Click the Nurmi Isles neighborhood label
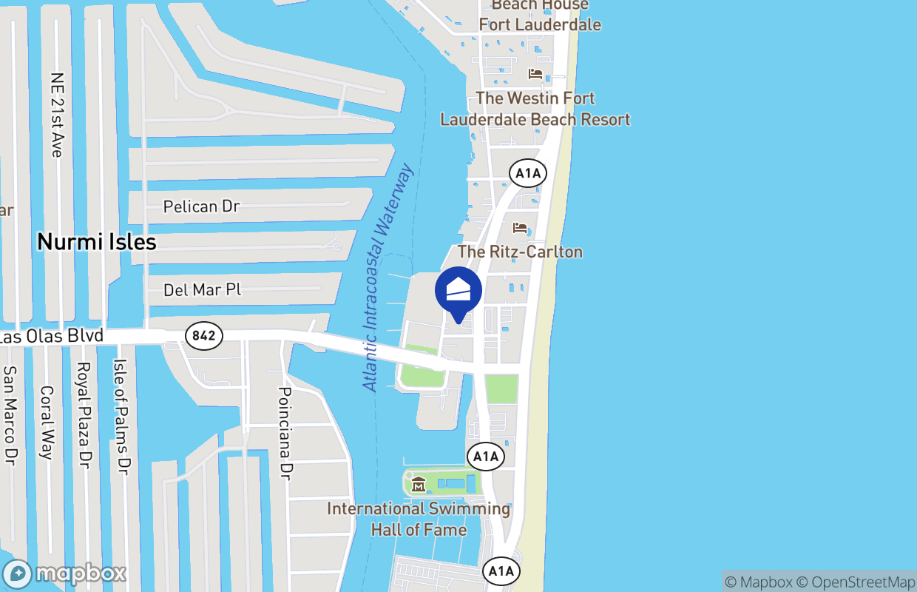97,242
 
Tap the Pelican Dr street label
201,206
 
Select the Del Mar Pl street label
202,290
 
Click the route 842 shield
203,336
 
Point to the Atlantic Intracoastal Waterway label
388,277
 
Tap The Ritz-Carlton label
520,252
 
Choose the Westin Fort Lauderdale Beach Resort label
535,109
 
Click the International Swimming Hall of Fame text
419,519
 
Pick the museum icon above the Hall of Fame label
419,485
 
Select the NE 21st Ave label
56,114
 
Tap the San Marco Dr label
10,416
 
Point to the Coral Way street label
47,423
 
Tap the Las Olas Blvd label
50,337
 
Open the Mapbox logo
64,574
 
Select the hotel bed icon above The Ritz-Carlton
521,227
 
